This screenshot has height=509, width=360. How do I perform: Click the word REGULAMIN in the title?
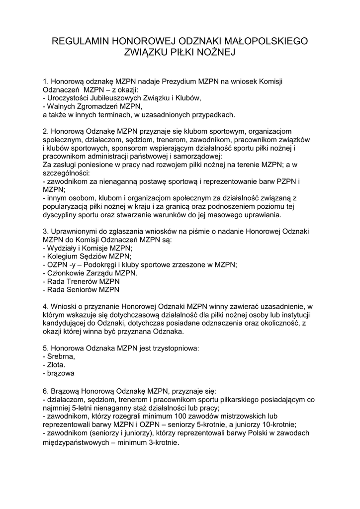80,41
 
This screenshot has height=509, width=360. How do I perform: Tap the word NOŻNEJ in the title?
213,52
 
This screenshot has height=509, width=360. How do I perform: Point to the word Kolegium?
61,256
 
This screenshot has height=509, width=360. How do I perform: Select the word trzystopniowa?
175,348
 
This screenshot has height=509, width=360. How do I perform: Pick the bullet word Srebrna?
61,356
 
